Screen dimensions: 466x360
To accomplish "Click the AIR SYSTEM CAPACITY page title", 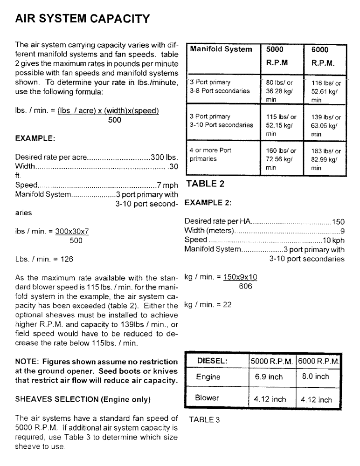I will [82, 19].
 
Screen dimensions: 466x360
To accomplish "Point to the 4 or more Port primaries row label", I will [210, 154].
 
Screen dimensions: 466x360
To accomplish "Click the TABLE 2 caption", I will [205, 184].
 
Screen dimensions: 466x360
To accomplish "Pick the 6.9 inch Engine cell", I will [269, 377].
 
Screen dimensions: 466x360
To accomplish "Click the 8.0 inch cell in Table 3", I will [315, 377].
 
